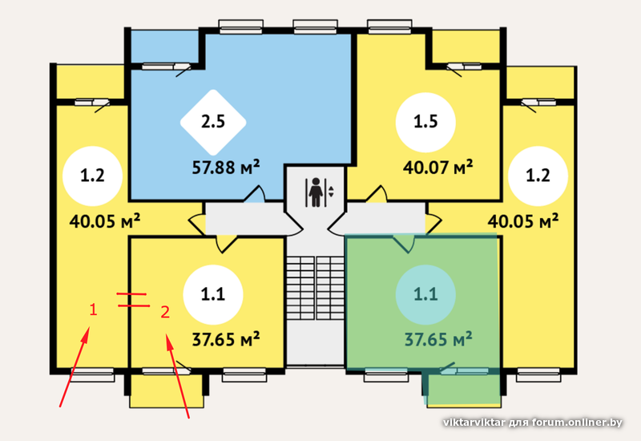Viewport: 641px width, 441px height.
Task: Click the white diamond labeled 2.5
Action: (213, 123)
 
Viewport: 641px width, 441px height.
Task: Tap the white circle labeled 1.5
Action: (425, 123)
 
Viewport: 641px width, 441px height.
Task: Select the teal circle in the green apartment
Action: (425, 294)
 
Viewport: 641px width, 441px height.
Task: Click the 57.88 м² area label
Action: (226, 168)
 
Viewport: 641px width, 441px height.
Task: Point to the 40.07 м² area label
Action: (437, 168)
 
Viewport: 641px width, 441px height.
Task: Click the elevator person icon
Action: (315, 192)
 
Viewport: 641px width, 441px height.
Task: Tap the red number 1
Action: (93, 310)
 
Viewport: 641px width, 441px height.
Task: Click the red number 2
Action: (165, 312)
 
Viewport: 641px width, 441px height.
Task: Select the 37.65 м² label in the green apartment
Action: (438, 339)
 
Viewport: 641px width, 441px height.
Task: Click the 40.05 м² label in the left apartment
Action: (105, 221)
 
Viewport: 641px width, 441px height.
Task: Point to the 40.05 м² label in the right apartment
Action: (523, 221)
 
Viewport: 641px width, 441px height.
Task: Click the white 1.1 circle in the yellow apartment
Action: (213, 294)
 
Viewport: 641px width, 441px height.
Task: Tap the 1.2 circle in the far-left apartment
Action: (92, 176)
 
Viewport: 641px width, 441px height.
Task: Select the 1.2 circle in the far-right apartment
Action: (538, 176)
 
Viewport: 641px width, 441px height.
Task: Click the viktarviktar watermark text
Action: (533, 423)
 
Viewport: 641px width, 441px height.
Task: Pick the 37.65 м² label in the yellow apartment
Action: (226, 339)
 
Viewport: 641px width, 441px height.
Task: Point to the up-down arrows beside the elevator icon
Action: (331, 192)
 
